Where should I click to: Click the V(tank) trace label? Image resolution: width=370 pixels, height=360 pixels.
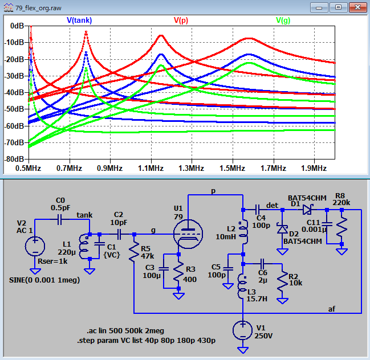click(x=79, y=21)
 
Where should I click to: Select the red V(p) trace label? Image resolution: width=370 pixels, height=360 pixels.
click(x=181, y=21)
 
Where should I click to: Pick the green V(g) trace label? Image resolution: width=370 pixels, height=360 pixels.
click(x=283, y=21)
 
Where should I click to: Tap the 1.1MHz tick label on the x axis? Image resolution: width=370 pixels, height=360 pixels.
click(x=151, y=169)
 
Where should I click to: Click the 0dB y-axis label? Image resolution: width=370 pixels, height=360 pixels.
click(x=17, y=26)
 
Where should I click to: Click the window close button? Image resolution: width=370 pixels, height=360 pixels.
click(x=357, y=7)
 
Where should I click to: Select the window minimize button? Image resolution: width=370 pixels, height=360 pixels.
click(x=319, y=7)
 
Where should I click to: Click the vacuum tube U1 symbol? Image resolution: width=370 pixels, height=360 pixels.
click(x=188, y=234)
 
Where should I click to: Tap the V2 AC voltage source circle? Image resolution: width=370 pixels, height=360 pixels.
click(x=35, y=246)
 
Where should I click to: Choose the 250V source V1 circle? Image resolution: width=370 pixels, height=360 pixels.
click(x=243, y=330)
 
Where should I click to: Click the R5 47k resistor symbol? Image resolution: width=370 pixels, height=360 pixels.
click(x=134, y=252)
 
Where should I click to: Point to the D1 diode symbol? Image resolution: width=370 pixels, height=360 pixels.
click(x=307, y=210)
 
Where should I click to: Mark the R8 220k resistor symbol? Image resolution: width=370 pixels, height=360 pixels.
click(x=341, y=227)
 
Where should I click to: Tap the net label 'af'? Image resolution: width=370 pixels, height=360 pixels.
click(x=332, y=309)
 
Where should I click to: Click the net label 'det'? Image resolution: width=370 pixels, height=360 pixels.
click(x=272, y=205)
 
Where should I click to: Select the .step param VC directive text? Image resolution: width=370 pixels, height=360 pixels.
click(x=146, y=341)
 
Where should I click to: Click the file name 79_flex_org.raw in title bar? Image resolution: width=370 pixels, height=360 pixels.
click(x=38, y=8)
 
